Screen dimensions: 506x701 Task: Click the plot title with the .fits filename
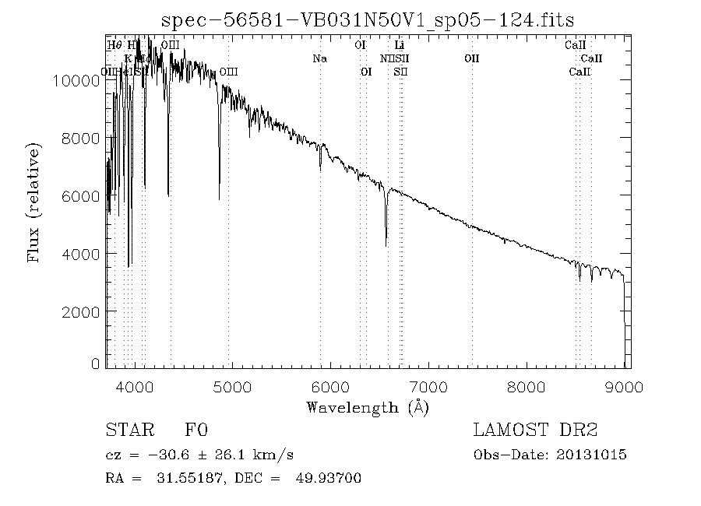coord(367,19)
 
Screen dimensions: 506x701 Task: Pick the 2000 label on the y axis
coord(82,311)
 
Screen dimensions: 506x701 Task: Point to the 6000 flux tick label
coord(82,196)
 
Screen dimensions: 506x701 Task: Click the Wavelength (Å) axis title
coord(368,406)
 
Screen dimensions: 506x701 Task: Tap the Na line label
coord(319,58)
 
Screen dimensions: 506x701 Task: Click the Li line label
coord(400,45)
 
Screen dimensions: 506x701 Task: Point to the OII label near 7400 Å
coord(472,58)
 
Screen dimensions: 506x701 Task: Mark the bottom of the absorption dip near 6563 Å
coord(386,245)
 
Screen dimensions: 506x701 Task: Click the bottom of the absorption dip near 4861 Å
coord(219,199)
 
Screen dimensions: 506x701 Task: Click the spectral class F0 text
coord(196,430)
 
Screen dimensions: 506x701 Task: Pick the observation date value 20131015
coord(591,455)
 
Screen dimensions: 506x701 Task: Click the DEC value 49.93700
coord(329,477)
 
